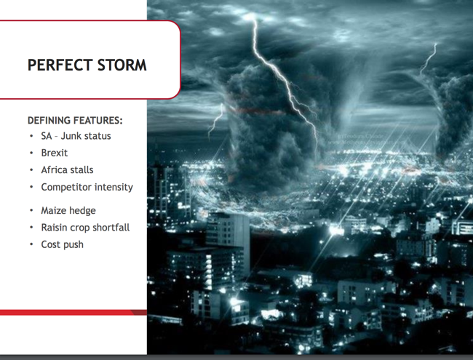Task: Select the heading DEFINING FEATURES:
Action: point(75,120)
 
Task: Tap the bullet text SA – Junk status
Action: point(76,136)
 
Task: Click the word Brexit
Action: point(55,153)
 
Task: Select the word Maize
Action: point(52,210)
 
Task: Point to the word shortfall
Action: point(111,228)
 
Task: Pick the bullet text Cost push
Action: point(62,244)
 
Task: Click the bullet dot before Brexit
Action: point(31,153)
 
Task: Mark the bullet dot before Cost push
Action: point(31,244)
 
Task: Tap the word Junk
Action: point(71,136)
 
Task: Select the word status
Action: point(98,136)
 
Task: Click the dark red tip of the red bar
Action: point(140,312)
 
